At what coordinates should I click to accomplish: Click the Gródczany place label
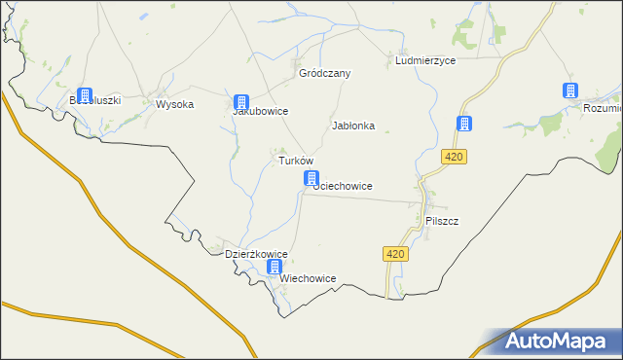324,73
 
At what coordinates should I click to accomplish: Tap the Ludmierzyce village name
425,60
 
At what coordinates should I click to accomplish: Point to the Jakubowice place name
259,111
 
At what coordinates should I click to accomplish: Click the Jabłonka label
353,126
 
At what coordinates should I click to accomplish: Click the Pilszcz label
442,221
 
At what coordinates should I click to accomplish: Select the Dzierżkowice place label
256,254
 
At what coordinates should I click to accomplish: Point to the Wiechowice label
308,278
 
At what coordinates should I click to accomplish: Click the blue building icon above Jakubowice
241,101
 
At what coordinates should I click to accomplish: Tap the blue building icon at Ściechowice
311,178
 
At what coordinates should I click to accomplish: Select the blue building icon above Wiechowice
275,267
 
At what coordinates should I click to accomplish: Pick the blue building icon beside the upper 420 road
464,124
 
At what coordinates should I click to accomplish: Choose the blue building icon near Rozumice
568,90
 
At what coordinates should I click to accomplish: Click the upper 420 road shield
454,157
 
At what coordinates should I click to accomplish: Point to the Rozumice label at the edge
602,108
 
